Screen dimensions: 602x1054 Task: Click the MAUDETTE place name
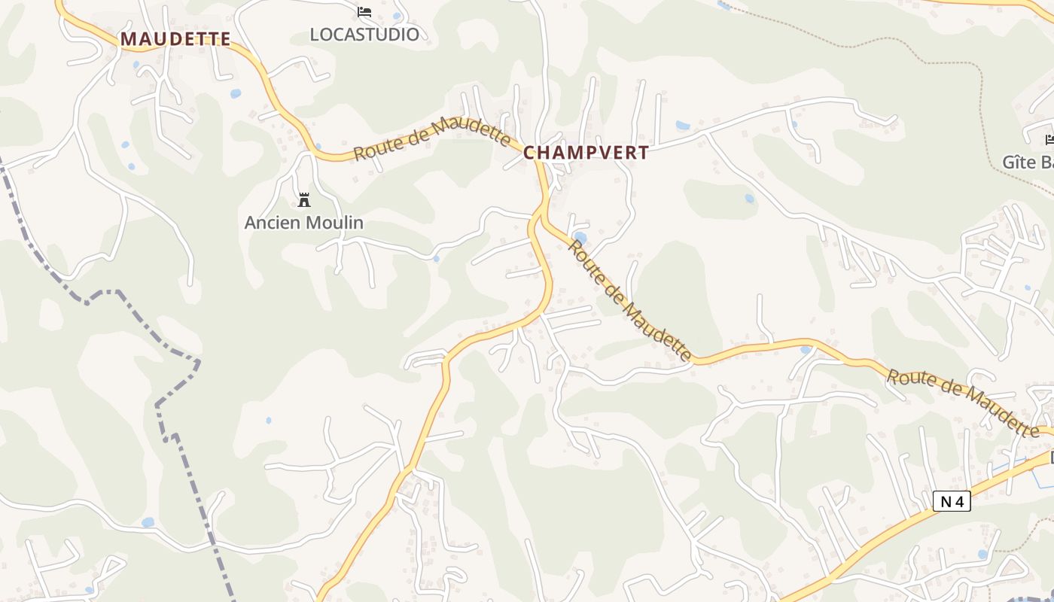coord(175,38)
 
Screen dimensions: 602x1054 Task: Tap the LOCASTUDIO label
coord(364,34)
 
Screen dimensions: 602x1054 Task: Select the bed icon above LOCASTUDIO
coord(364,12)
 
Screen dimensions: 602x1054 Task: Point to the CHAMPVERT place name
coord(586,153)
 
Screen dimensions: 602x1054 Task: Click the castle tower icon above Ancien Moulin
coord(304,200)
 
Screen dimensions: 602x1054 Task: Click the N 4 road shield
coord(952,501)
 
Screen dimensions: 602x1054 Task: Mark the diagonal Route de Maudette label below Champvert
coord(629,300)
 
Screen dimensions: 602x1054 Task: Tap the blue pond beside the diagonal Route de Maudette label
coord(580,238)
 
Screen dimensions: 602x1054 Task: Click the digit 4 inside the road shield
coord(958,501)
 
